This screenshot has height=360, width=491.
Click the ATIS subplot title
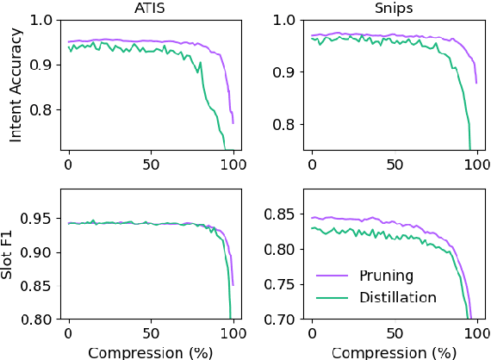(150, 8)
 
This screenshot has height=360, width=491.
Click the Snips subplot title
(393, 8)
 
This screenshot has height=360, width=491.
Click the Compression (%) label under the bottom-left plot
(150, 351)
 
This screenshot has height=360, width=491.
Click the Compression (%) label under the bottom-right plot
(393, 351)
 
